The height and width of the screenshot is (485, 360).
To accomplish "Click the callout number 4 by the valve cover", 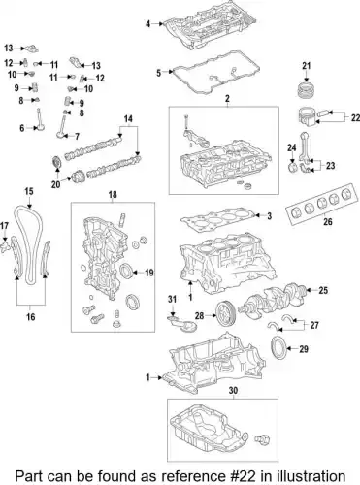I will pos(148,22).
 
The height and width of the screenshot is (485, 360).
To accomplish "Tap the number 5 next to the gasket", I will pos(159,72).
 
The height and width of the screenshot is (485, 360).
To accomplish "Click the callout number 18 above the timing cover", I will pos(114,196).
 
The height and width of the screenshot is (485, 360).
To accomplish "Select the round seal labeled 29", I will pos(278,349).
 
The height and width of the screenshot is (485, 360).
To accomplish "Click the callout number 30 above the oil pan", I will pos(232,391).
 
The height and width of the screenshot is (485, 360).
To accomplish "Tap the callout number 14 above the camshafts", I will pos(126,119).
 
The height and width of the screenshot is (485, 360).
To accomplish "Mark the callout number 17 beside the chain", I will pos(6,227).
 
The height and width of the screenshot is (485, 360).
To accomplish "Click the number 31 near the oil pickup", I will pos(173,297).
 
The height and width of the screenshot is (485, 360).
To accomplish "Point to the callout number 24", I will pos(290,148).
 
